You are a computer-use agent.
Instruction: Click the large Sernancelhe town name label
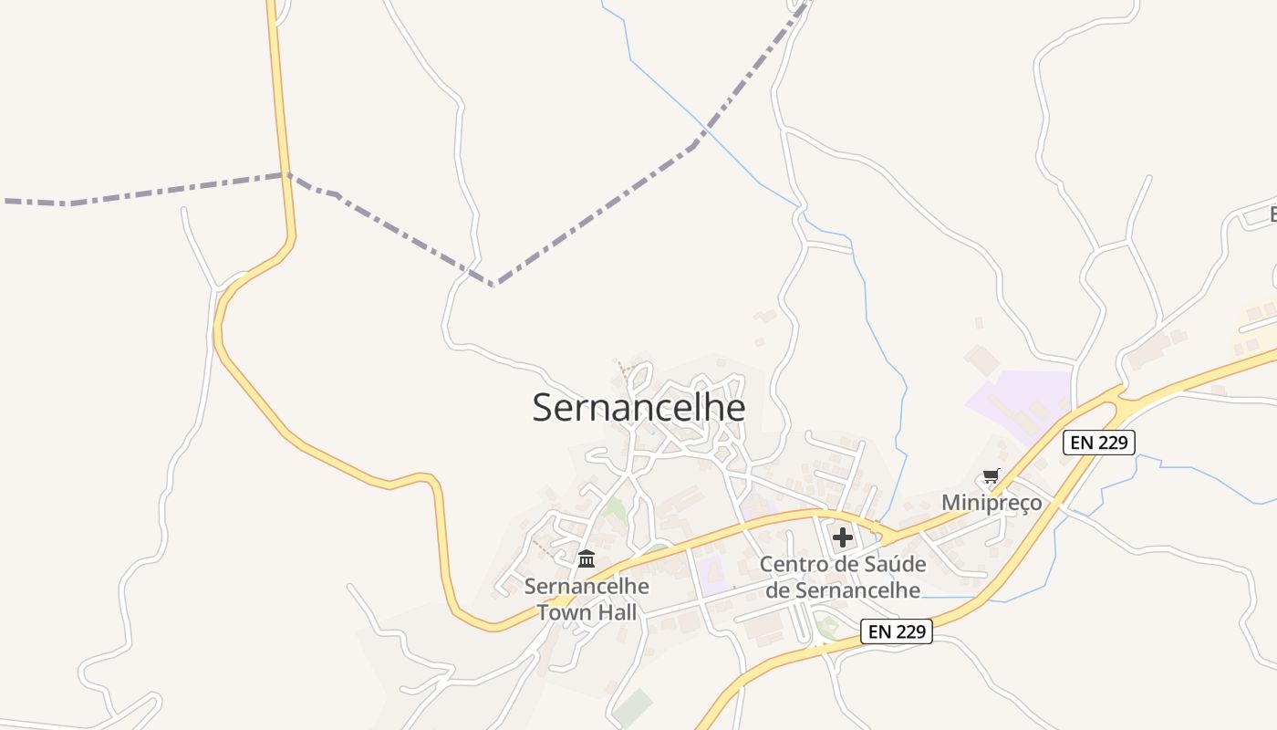pos(638,408)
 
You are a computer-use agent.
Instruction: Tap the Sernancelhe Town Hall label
pos(587,600)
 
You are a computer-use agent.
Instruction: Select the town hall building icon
pos(587,558)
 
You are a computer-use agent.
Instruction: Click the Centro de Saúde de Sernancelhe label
pos(843,578)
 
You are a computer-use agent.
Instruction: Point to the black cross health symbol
pos(843,537)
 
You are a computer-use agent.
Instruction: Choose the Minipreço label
pos(991,503)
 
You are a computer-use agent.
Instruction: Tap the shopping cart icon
pos(991,475)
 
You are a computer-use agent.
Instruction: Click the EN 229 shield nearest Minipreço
pos(1099,443)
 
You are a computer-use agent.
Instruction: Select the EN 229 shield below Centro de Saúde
pos(897,631)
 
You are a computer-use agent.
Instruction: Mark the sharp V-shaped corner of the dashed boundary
pos(493,285)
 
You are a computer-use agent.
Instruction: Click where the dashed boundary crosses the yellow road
pos(286,173)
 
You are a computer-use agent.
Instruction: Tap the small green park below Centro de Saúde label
pos(827,627)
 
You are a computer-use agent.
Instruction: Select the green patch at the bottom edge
pos(632,709)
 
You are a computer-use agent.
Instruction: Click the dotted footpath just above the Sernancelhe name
pos(625,370)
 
